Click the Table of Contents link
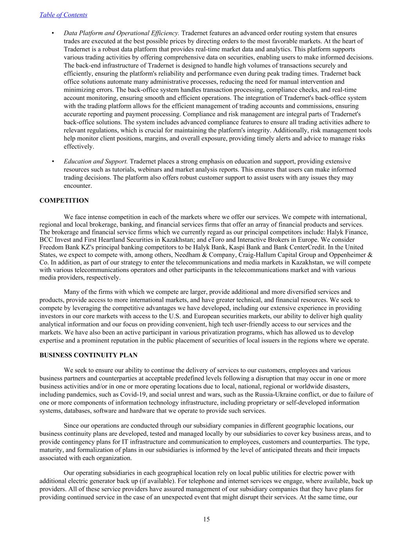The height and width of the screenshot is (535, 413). tap(63, 15)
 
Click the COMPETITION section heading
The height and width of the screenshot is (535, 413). tap(64, 201)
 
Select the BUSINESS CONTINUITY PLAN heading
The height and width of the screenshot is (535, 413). tap(88, 355)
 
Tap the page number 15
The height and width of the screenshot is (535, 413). tap(207, 519)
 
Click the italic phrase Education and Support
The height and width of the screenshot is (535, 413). tap(96, 161)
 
